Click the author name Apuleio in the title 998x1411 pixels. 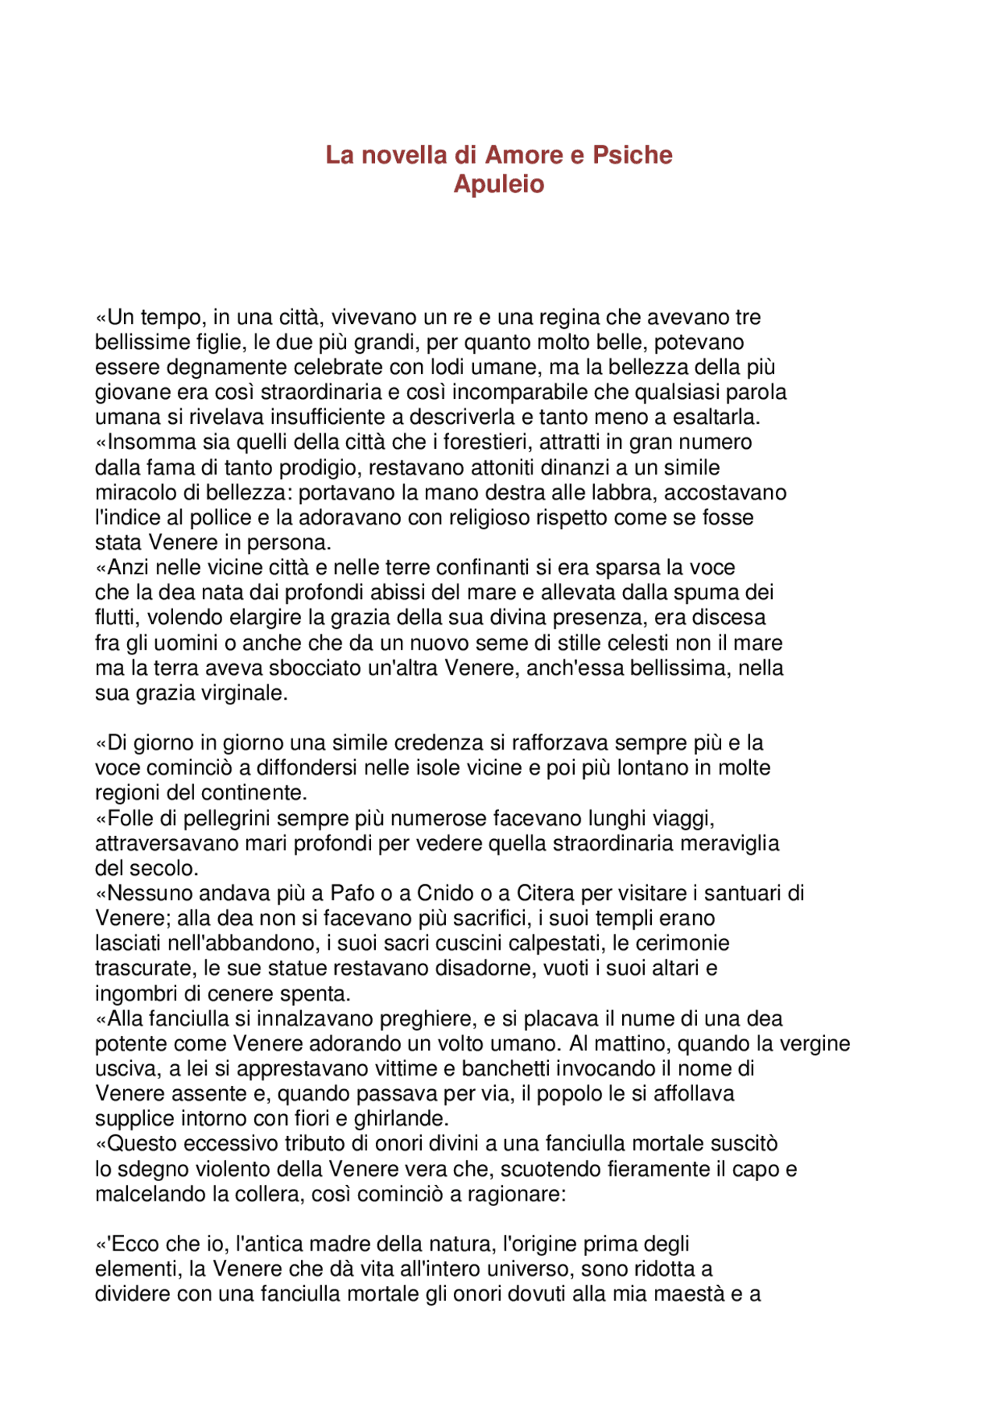click(499, 185)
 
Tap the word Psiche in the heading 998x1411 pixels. click(632, 155)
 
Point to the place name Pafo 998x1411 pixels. click(352, 894)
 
